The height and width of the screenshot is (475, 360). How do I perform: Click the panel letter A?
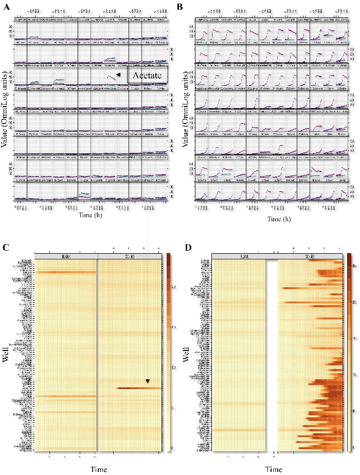(6, 7)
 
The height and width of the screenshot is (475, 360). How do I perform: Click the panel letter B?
(180, 7)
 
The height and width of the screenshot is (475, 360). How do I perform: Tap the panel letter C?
(6, 248)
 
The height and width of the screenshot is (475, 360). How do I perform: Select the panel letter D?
(188, 248)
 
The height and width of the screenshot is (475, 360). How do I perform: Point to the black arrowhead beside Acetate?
(118, 75)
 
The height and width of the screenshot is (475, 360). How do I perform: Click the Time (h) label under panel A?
(93, 216)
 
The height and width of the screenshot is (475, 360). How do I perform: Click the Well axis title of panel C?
(6, 356)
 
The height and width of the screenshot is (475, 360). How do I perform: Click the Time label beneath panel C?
(98, 469)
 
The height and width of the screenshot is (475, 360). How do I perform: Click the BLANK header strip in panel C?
(65, 256)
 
